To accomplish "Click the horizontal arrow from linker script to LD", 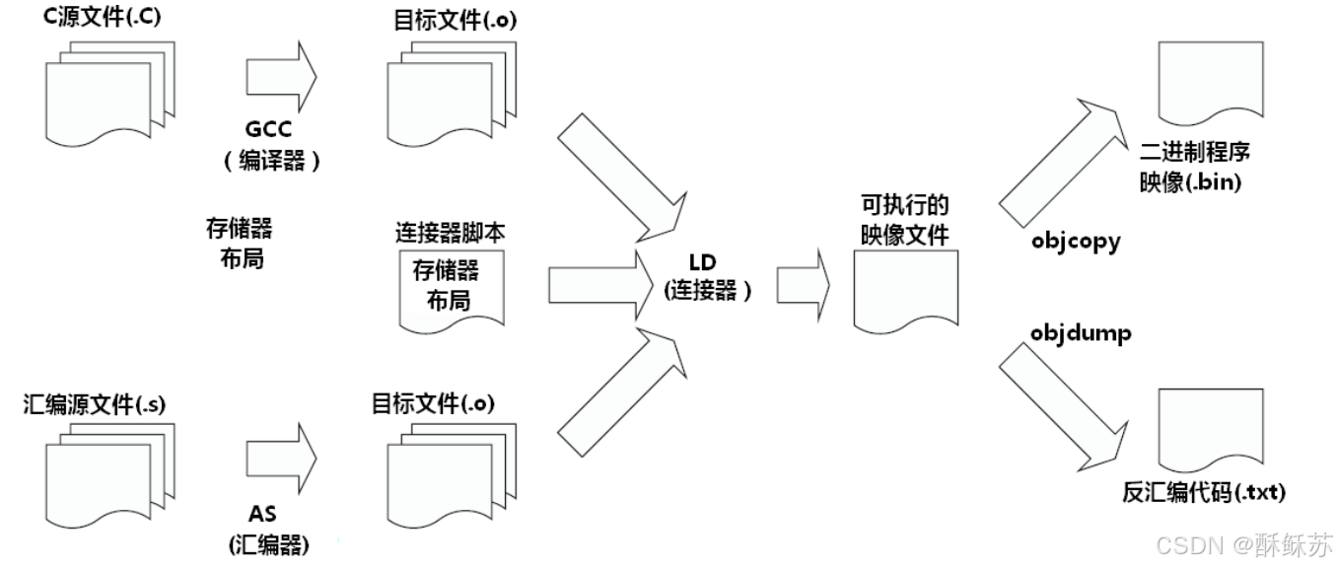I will point(592,285).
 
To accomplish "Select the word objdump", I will point(1079,333).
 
